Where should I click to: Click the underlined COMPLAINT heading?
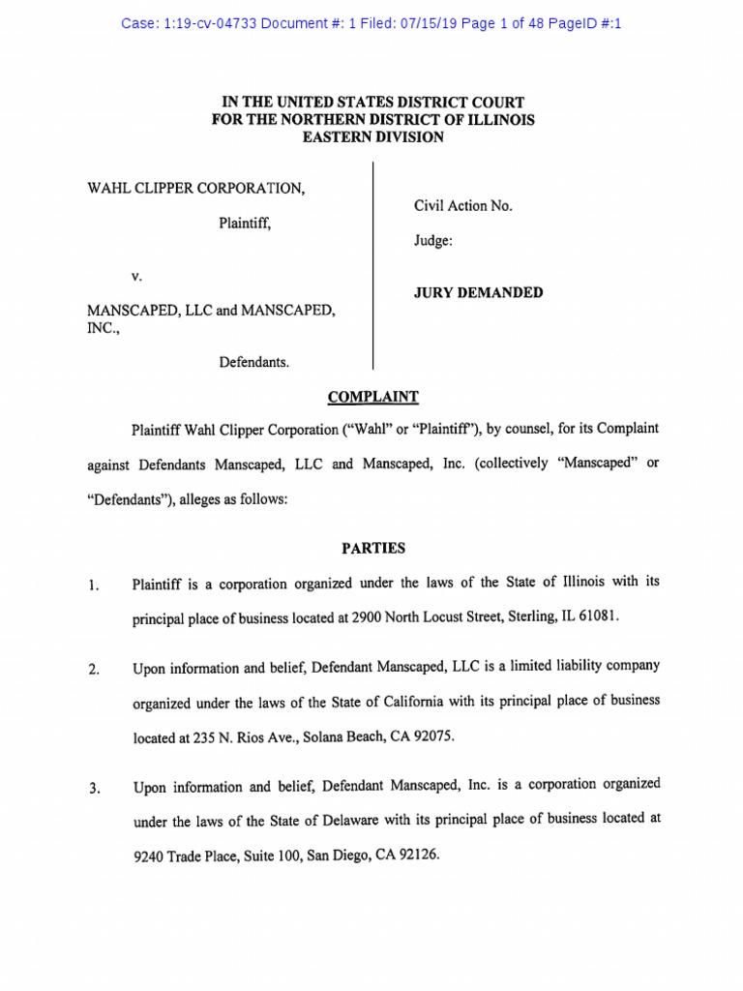372,397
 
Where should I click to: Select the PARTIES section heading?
372,548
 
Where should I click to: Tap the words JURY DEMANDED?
478,293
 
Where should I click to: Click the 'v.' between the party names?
136,276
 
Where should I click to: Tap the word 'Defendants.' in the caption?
254,362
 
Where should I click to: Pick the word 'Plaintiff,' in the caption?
244,223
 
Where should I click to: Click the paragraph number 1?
94,586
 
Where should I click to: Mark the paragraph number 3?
94,789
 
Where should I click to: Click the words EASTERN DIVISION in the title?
372,137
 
